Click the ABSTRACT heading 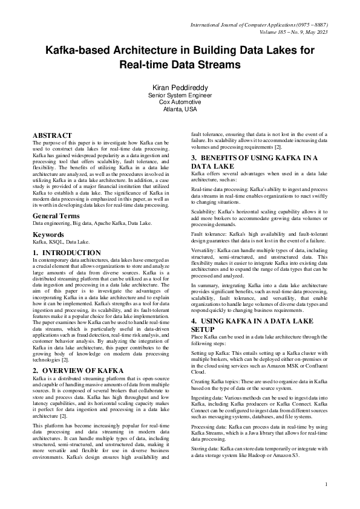[x=52, y=135]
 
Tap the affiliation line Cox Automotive [x=180, y=102]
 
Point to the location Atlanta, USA [x=180, y=109]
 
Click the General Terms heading [x=58, y=216]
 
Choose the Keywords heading [x=48, y=234]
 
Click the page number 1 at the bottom [x=326, y=484]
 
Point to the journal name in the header [x=259, y=25]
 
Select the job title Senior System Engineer [x=180, y=95]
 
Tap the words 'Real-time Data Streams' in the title [x=180, y=63]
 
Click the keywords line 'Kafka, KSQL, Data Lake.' [x=61, y=241]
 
